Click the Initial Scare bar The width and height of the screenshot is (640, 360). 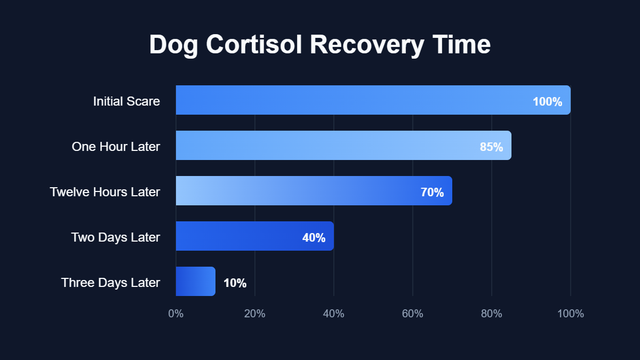352,100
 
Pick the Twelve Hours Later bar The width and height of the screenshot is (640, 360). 299,191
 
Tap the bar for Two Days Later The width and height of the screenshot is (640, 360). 240,236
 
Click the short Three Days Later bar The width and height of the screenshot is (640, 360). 195,282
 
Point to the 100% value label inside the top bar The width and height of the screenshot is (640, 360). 547,102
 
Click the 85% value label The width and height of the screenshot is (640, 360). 491,147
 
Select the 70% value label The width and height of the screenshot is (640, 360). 432,193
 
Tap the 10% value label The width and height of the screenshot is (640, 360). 235,283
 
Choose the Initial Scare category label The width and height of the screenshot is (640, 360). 126,101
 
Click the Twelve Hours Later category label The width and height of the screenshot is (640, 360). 105,192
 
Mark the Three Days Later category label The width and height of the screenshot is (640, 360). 110,283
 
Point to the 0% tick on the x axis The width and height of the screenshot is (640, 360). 176,314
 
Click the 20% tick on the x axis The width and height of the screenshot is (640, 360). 255,314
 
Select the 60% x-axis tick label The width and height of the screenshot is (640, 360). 413,314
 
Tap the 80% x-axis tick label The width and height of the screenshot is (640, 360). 492,314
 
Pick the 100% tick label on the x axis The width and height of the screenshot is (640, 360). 571,314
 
